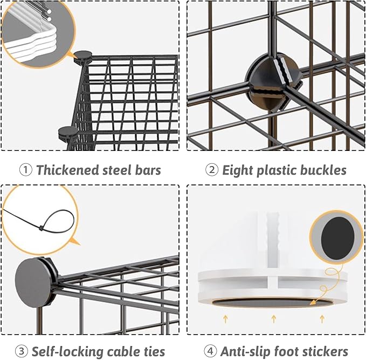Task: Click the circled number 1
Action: [25, 171]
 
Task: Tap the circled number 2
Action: [212, 171]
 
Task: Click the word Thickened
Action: [68, 171]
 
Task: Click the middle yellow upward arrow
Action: [273, 320]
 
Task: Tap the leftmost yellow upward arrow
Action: [223, 320]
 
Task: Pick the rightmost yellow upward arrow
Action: [323, 320]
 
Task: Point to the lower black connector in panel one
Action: [67, 131]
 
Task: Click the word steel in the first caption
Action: [118, 171]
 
